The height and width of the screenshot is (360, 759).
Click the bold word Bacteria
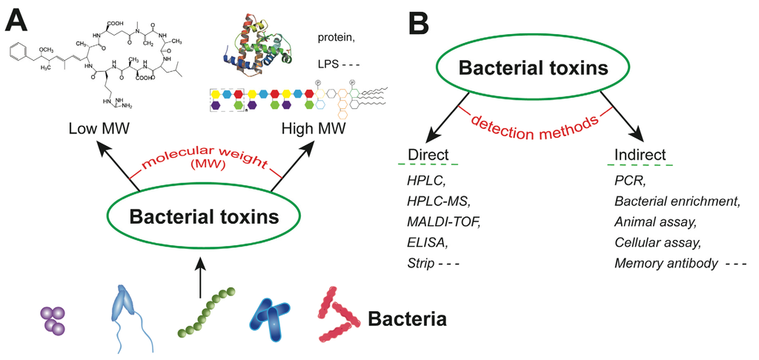click(x=407, y=320)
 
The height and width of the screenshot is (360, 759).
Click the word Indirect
click(x=640, y=155)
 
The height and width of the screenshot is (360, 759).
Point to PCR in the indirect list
click(x=628, y=179)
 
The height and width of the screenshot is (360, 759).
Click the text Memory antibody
click(x=663, y=262)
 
